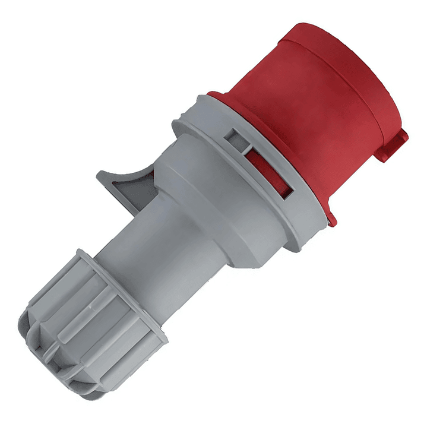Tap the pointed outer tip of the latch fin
pyautogui.click(x=100, y=176)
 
